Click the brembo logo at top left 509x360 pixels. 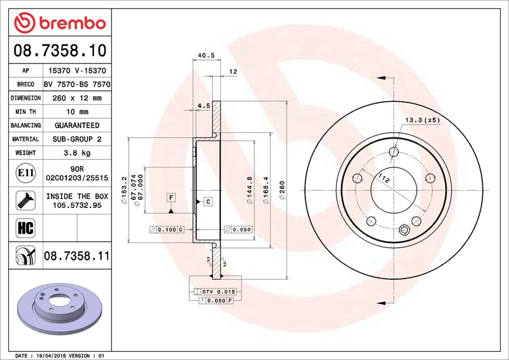(x=60, y=23)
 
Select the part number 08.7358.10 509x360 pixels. (x=60, y=50)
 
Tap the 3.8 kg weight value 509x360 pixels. (x=77, y=153)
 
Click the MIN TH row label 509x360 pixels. (x=25, y=112)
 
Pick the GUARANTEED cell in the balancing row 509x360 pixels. (x=77, y=125)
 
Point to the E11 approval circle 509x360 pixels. (x=25, y=173)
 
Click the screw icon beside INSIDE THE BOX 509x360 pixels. (x=25, y=200)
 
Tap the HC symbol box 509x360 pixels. (x=25, y=228)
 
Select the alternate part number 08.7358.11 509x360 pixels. (x=77, y=256)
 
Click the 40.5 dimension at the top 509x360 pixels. (x=206, y=55)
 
